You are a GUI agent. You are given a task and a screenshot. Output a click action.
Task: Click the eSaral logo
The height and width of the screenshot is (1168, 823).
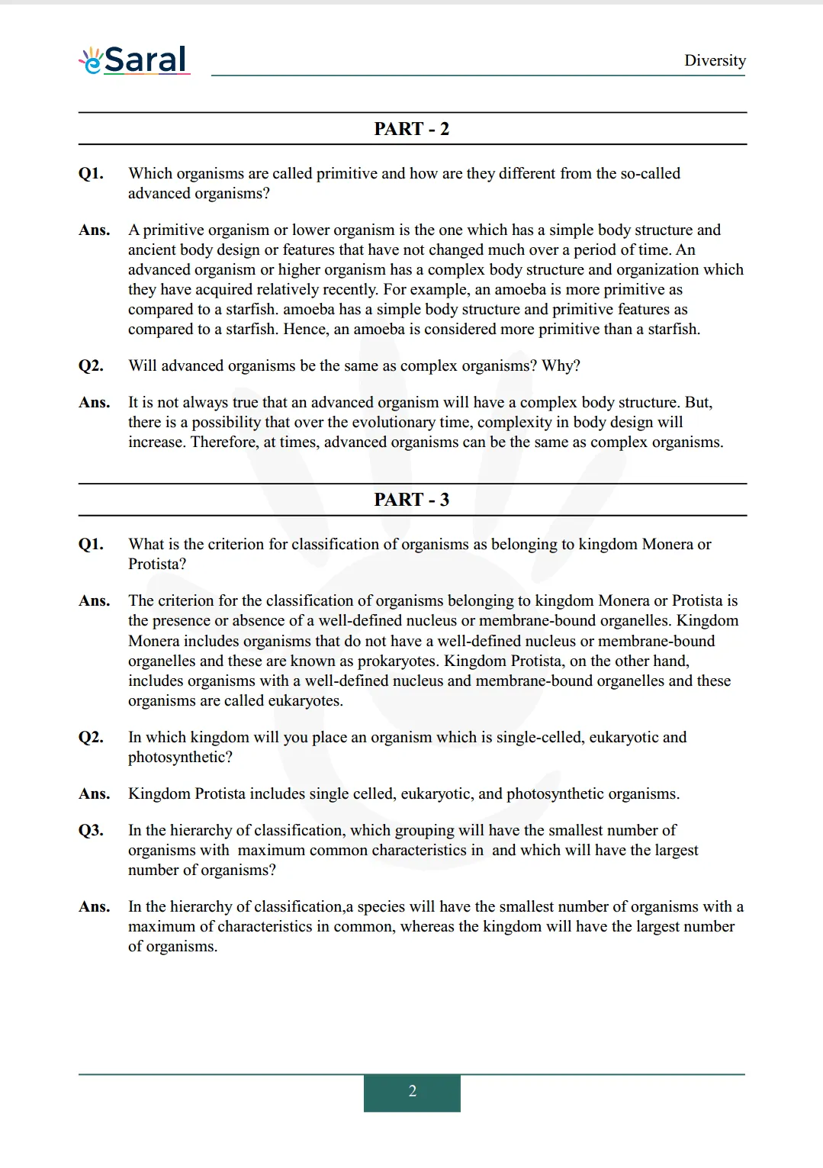click(134, 60)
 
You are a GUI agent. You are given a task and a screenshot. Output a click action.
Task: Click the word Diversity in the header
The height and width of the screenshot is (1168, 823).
click(715, 60)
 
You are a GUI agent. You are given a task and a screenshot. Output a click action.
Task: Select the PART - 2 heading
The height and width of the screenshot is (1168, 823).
click(411, 129)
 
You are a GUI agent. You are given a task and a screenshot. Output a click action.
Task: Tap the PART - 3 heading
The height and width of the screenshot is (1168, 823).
click(411, 500)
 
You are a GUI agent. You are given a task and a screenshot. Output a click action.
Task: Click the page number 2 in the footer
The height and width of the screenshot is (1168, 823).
click(412, 1091)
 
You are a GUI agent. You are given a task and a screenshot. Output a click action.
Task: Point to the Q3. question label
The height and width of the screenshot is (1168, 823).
click(91, 830)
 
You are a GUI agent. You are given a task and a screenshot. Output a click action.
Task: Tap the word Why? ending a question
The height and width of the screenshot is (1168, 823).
click(561, 365)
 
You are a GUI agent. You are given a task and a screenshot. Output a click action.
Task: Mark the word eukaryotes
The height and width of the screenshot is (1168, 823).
click(305, 700)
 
